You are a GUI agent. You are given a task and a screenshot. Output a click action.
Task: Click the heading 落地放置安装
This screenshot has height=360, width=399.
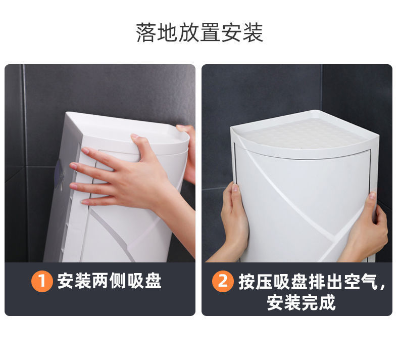(x=199, y=32)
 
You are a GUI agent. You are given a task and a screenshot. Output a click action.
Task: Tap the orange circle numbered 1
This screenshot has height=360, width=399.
(x=42, y=281)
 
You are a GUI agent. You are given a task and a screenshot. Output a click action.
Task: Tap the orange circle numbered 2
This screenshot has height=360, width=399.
(x=223, y=281)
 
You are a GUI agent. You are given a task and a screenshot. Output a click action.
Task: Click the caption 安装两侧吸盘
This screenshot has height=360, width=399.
(x=109, y=281)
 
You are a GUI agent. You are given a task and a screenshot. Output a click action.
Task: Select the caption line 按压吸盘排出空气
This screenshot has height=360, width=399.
(x=309, y=282)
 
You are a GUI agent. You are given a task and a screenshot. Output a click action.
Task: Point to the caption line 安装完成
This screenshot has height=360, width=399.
(x=302, y=302)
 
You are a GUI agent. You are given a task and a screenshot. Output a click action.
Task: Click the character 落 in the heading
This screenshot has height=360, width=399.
(x=146, y=32)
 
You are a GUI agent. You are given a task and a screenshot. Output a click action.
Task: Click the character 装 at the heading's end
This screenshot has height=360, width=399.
(x=253, y=32)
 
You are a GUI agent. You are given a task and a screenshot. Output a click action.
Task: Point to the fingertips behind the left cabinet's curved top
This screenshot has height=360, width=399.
(x=184, y=129)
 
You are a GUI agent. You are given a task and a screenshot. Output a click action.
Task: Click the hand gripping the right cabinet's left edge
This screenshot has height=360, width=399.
(x=234, y=221)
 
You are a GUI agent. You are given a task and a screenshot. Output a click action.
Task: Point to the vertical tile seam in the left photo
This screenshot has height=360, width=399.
(x=25, y=163)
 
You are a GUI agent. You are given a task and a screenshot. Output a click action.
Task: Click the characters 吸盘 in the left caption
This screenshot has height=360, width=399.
(x=144, y=281)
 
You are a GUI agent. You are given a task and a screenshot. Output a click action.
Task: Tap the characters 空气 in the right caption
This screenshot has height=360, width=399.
(x=361, y=282)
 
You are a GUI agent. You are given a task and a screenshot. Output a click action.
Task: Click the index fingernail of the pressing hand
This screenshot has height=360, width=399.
(x=85, y=151)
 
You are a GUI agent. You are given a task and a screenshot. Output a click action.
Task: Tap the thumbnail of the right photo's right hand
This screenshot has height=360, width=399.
(x=372, y=195)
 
